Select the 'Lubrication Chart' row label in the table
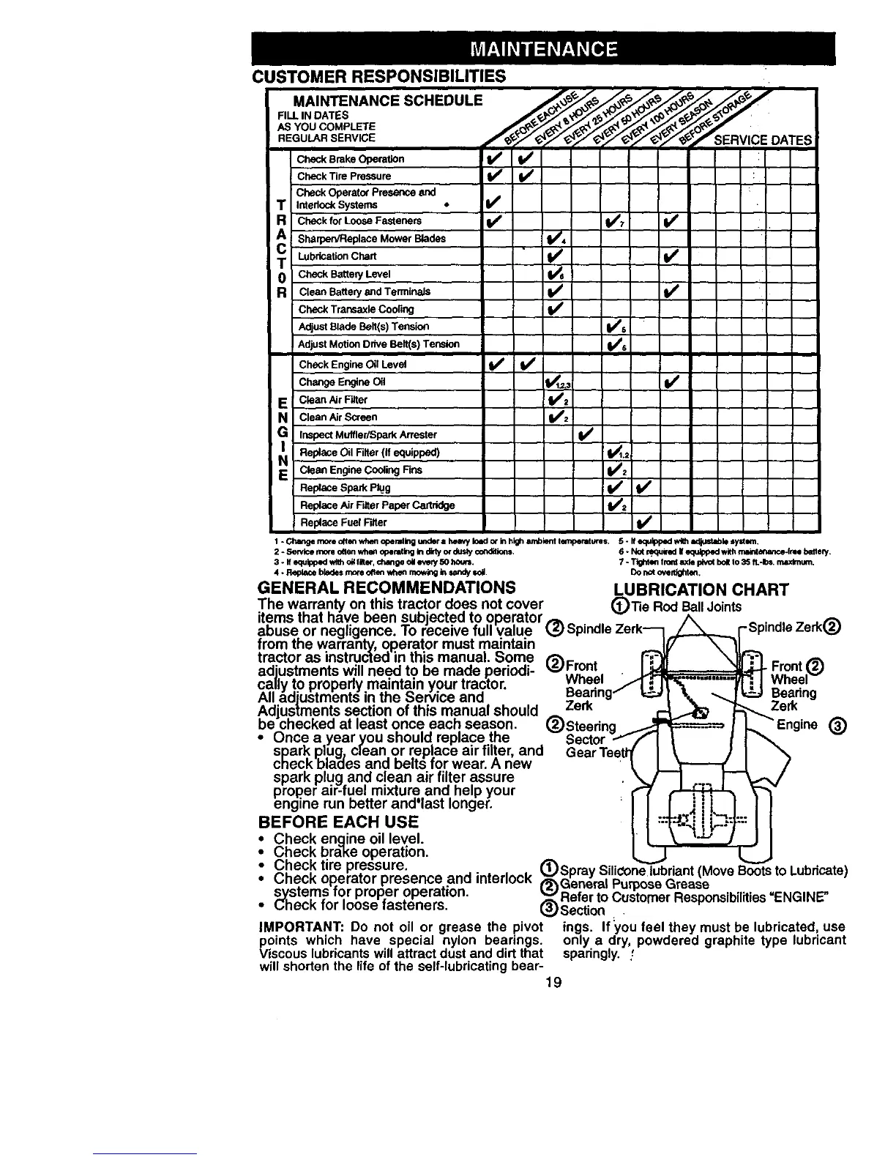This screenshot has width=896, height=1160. point(337,256)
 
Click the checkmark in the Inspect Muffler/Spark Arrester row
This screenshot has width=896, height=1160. point(584,435)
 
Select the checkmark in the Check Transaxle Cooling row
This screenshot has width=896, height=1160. point(556,309)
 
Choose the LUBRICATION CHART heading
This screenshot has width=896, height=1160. point(701,590)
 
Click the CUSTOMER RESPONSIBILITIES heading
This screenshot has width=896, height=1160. point(378,76)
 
